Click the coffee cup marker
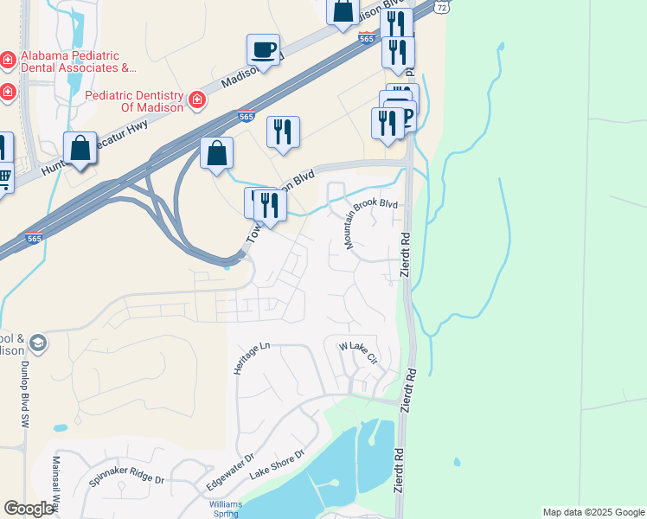point(263,49)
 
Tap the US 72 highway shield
point(442,6)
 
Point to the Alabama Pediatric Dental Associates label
point(78,61)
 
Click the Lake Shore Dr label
point(277,465)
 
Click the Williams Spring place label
point(225,508)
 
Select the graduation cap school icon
point(38,344)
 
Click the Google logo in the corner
point(29,509)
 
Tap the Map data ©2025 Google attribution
point(593,512)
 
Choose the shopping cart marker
point(3,178)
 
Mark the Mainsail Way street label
point(57,484)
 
